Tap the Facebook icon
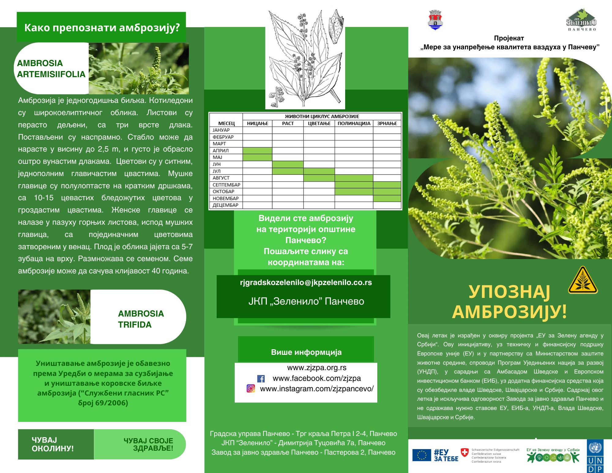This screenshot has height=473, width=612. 261,379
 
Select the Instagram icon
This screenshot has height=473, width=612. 251,389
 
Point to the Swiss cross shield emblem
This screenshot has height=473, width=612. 465,452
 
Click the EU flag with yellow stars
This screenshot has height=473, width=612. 421,455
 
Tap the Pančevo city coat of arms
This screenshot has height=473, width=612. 435,20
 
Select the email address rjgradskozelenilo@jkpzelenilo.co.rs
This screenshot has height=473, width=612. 306,283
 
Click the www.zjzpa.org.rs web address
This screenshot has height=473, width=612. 317,368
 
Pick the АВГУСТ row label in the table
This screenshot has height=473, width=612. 221,178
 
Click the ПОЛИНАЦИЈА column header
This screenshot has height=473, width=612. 354,123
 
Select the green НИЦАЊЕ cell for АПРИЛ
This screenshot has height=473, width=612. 257,151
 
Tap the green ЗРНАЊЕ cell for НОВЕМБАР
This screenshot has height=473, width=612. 387,198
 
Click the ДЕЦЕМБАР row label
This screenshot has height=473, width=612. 225,205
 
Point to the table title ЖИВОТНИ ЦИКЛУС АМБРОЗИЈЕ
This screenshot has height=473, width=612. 322,116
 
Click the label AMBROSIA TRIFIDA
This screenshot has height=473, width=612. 141,319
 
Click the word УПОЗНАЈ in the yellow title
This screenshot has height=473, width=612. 509,292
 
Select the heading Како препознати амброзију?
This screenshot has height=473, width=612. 102,28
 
